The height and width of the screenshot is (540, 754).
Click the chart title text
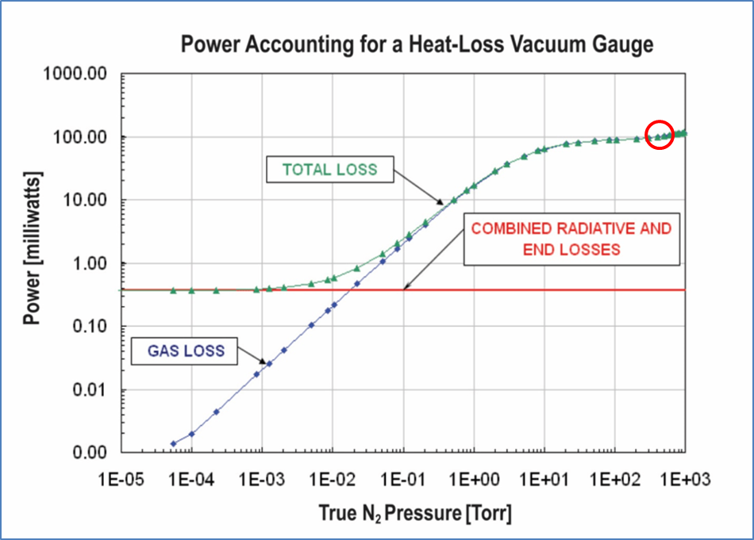[x=417, y=44]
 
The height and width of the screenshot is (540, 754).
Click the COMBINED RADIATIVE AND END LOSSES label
[x=571, y=239]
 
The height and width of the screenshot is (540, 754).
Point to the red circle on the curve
[x=660, y=135]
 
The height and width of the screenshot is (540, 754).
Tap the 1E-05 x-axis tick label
[x=121, y=480]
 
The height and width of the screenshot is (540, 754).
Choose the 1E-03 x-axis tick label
[x=262, y=480]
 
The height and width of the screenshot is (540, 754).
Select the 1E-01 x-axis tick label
[x=403, y=480]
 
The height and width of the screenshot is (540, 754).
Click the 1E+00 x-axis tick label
[x=474, y=480]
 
